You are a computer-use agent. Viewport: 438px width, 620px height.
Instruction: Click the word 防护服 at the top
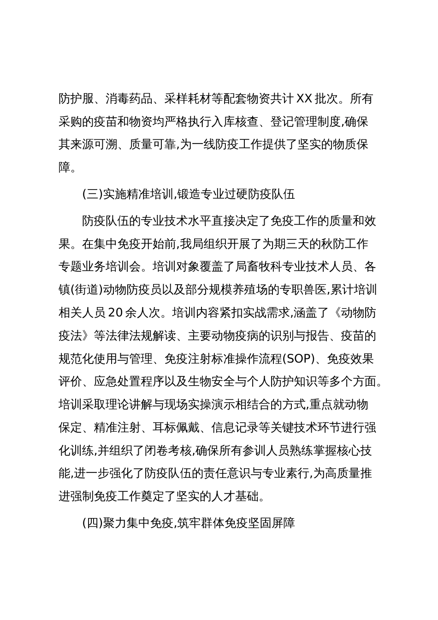tap(75, 99)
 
